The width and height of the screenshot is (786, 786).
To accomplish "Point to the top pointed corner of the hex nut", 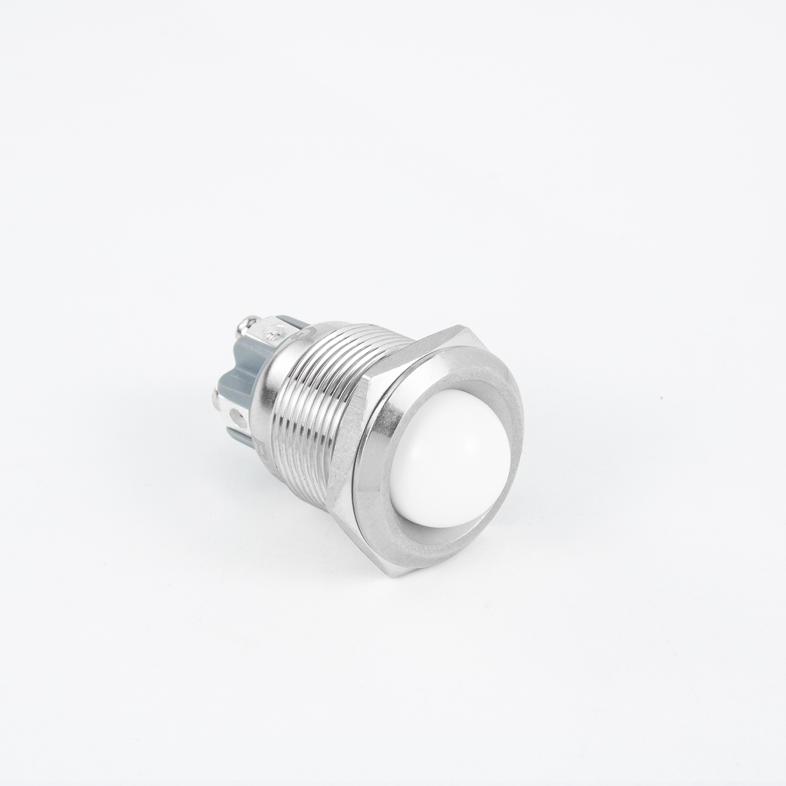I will pyautogui.click(x=455, y=325).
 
